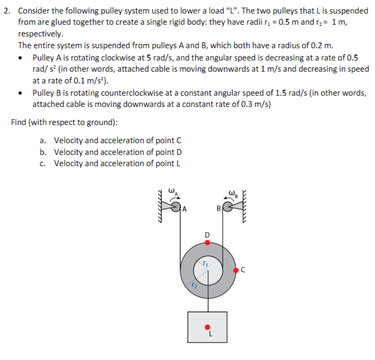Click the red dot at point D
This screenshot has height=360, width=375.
pyautogui.click(x=208, y=243)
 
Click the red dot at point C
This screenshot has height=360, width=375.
pyautogui.click(x=235, y=270)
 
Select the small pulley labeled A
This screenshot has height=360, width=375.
pyautogui.click(x=176, y=206)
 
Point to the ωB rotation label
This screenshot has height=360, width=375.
pyautogui.click(x=235, y=194)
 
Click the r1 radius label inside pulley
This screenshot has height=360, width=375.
pyautogui.click(x=206, y=264)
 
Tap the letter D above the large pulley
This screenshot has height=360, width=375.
pyautogui.click(x=207, y=235)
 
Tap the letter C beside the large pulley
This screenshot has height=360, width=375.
pyautogui.click(x=243, y=270)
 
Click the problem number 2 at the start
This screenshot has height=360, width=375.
pyautogui.click(x=6, y=11)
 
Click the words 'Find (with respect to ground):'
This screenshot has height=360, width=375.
pyautogui.click(x=64, y=122)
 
